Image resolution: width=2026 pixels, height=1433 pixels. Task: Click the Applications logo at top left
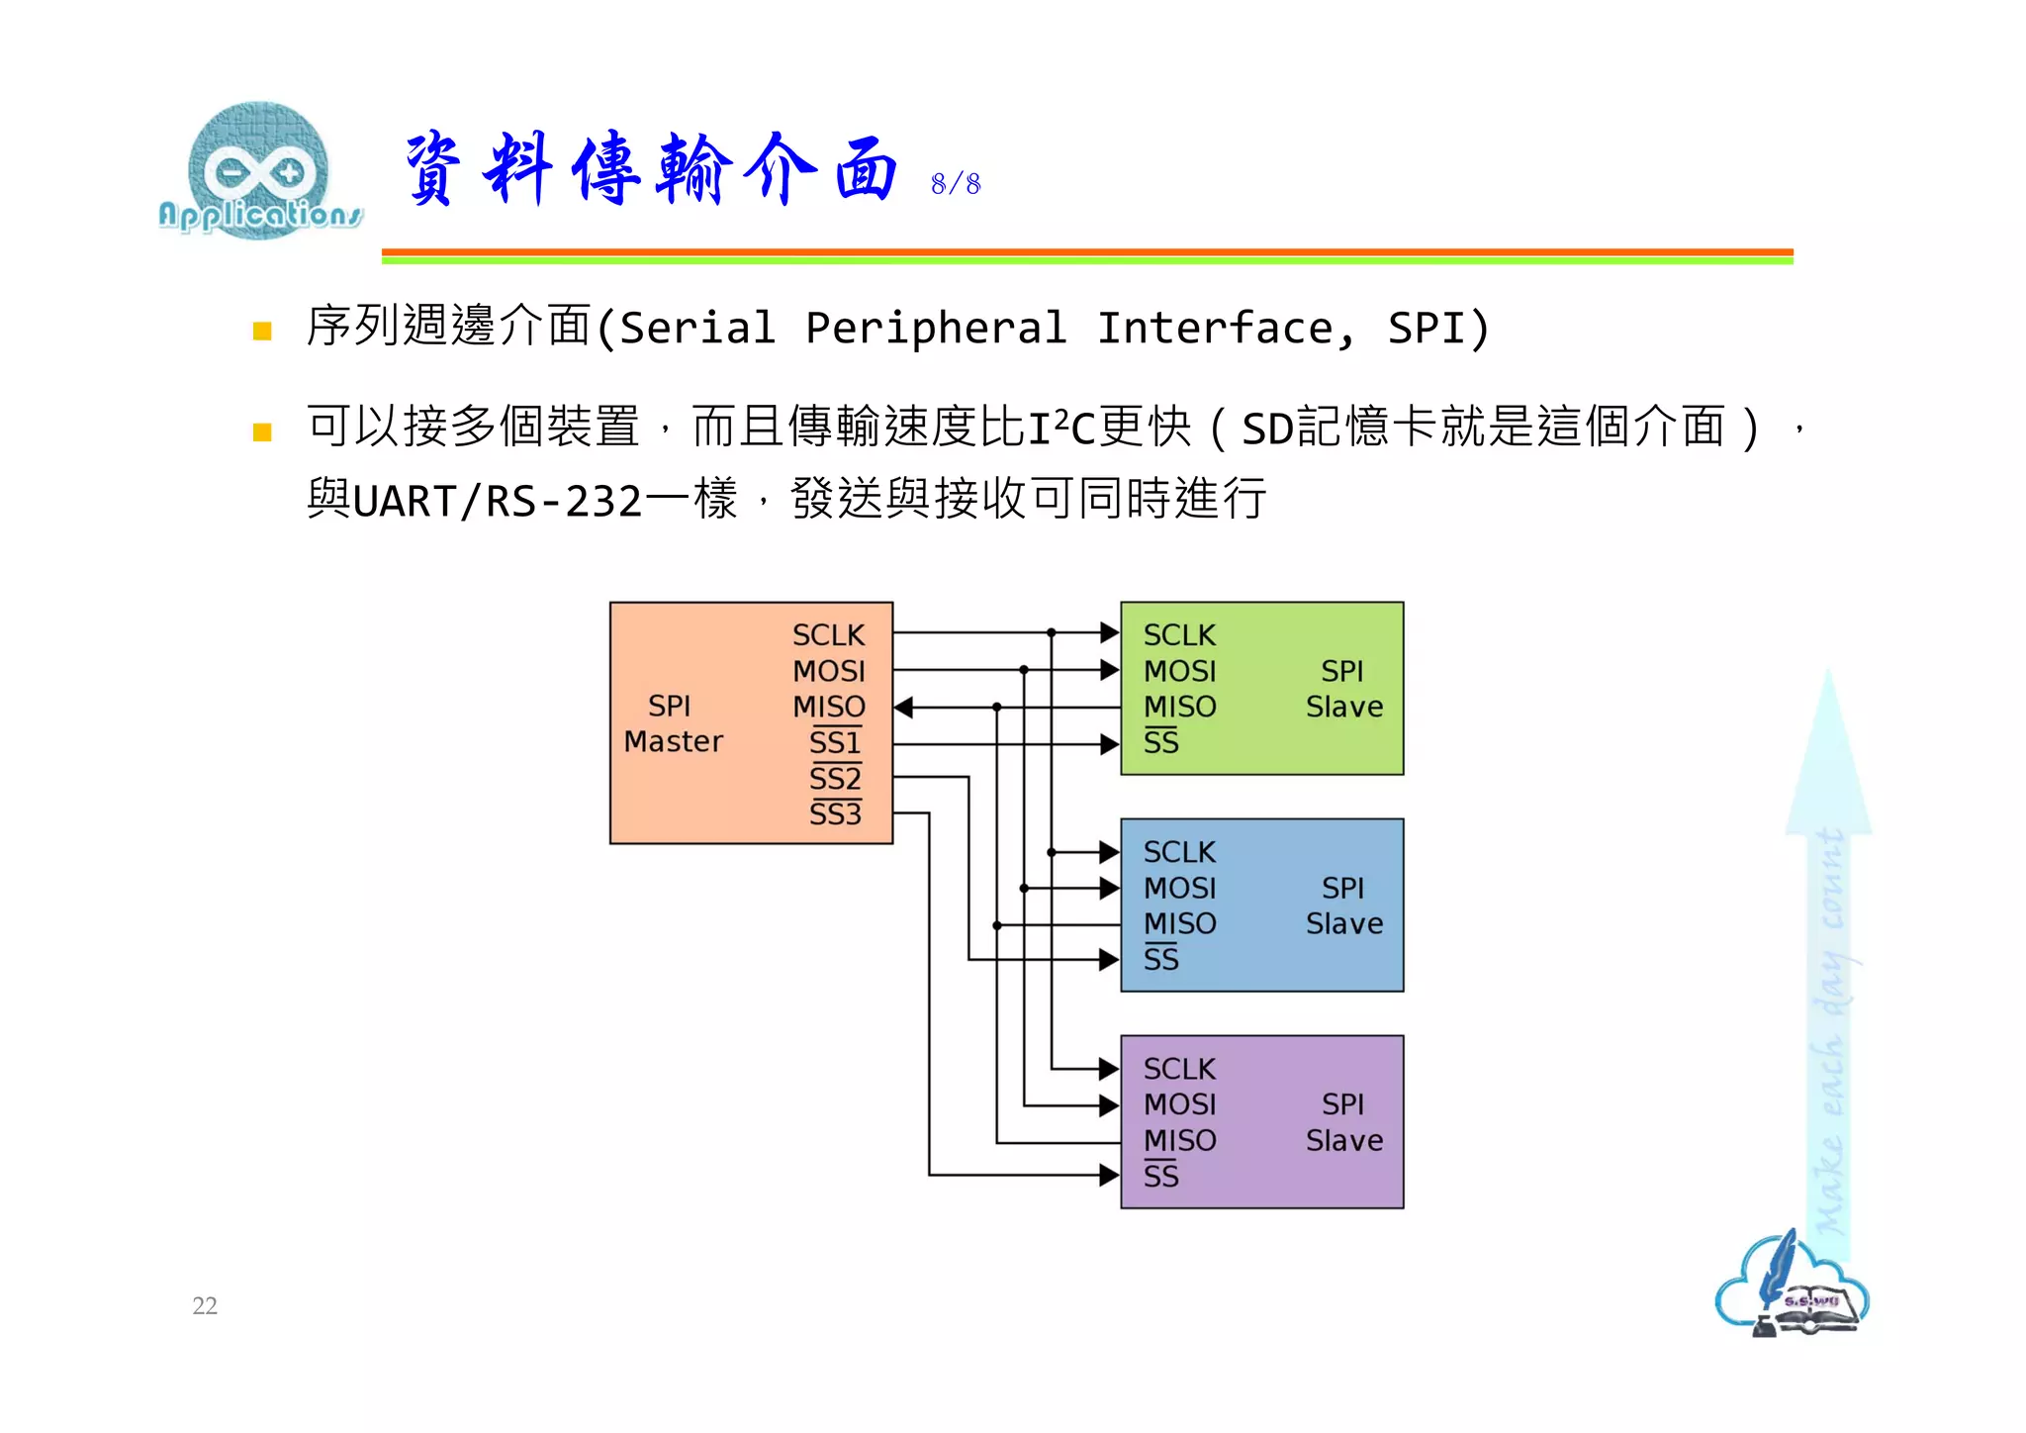pos(259,170)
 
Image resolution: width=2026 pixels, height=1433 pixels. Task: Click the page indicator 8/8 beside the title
pos(955,184)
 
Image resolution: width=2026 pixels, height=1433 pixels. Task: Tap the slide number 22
pos(205,1305)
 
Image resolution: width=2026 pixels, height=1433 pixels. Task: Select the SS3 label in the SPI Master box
pos(835,814)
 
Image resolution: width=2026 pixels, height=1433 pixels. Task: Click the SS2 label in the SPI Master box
pos(835,779)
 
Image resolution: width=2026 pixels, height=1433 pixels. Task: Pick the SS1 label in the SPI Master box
pos(835,742)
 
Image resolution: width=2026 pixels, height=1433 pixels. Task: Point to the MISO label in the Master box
pos(828,707)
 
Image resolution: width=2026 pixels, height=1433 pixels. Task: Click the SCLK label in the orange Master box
pos(828,635)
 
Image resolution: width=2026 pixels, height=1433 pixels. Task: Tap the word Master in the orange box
pos(674,741)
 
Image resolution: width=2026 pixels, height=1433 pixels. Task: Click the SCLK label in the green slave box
pos(1179,635)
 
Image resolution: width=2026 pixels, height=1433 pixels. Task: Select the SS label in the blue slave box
pos(1161,959)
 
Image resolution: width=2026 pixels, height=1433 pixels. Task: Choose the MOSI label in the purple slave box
pos(1179,1104)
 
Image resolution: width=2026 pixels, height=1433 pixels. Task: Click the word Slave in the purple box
pos(1343,1141)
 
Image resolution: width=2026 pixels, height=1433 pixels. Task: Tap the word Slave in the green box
pos(1343,707)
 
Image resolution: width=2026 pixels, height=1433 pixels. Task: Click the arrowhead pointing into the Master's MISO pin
pos(903,708)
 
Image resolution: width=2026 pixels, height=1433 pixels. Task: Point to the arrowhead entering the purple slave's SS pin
pos(1110,1176)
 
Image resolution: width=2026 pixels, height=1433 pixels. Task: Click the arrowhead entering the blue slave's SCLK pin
pos(1110,852)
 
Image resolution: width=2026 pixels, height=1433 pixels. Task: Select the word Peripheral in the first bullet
pos(936,329)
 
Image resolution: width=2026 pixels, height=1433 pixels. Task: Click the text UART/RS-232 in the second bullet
pos(498,502)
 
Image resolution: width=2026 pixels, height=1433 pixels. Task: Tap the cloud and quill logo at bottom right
pos(1792,1287)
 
